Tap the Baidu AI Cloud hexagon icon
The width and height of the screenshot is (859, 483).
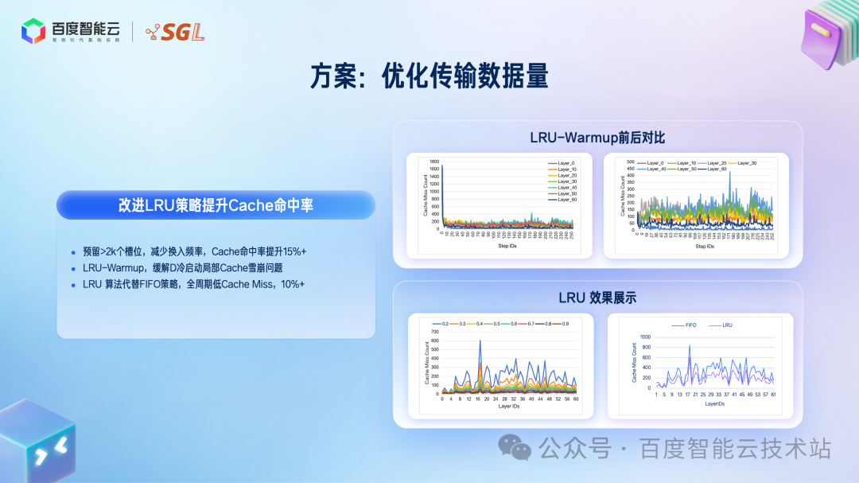[33, 31]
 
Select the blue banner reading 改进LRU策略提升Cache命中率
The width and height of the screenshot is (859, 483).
[216, 205]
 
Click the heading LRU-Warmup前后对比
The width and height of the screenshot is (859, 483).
[597, 138]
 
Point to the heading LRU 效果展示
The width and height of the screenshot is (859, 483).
[597, 298]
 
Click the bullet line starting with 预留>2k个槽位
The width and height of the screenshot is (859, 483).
[194, 251]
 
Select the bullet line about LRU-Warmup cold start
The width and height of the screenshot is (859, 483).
[182, 267]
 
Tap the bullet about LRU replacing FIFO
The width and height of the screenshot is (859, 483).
[193, 284]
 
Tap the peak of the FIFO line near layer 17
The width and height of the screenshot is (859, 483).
[689, 345]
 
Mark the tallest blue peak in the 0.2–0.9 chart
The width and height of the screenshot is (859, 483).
[480, 341]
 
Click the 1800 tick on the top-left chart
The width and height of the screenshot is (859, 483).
[433, 162]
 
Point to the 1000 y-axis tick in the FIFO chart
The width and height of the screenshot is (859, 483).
[644, 337]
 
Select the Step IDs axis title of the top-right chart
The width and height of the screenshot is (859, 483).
[705, 247]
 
